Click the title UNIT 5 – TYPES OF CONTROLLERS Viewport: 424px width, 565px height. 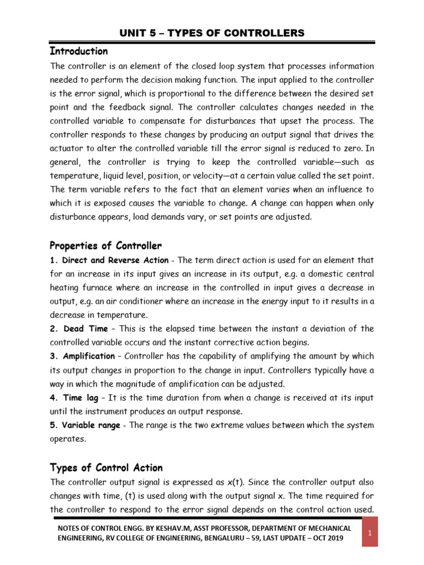tap(212, 33)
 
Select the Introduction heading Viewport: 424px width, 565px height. tap(79, 51)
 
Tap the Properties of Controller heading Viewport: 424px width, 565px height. tap(105, 245)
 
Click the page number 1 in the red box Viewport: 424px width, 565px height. tap(370, 533)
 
